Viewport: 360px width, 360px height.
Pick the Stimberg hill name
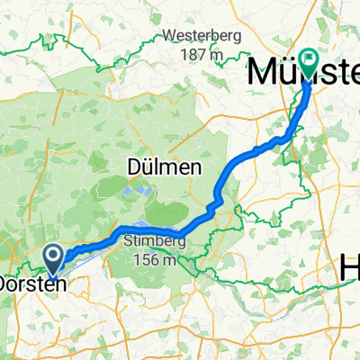pyautogui.click(x=150, y=241)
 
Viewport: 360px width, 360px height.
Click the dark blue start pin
pyautogui.click(x=55, y=261)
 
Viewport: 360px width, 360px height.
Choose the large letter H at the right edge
pyautogui.click(x=349, y=267)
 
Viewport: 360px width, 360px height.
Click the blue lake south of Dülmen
pyautogui.click(x=137, y=191)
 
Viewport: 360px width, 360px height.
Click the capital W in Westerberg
pyautogui.click(x=169, y=37)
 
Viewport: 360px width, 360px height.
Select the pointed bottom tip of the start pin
pyautogui.click(x=55, y=274)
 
